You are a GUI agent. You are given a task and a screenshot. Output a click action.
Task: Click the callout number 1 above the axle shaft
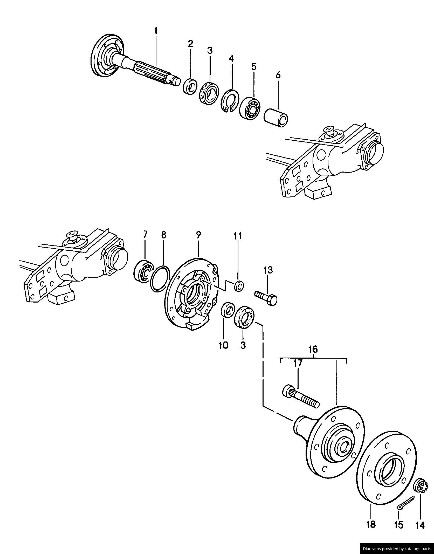coord(156,31)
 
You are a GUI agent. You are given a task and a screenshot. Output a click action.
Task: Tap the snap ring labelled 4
coord(230,101)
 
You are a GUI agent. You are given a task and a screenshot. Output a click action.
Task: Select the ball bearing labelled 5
coord(250,108)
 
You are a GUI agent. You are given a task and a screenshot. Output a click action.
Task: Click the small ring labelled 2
coord(190,86)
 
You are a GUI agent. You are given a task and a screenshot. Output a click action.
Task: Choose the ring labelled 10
coord(227,309)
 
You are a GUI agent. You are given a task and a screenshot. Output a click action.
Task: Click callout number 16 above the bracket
coord(313,350)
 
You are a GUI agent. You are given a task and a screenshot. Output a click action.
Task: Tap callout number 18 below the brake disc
coord(371,524)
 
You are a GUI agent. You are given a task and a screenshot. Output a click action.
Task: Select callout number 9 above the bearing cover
coord(198,235)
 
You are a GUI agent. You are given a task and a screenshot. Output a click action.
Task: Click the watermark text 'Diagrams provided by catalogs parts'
coord(397,549)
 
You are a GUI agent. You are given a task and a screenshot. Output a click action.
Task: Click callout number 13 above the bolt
coord(268,270)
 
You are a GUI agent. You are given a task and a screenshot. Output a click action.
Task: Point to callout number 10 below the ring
coord(223,345)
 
